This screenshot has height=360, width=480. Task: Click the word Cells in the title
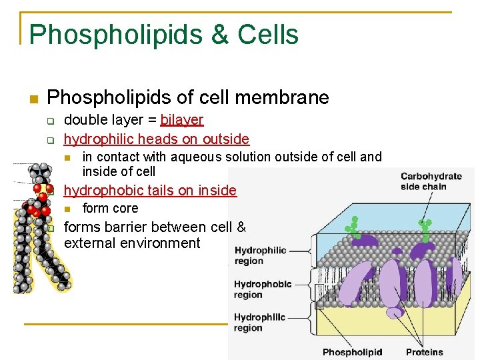(x=266, y=35)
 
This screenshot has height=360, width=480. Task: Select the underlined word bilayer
(x=181, y=120)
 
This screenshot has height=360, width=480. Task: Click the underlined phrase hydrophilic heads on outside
(x=156, y=139)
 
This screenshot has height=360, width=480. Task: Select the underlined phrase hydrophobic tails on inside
(x=150, y=191)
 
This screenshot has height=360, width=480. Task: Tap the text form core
(x=110, y=209)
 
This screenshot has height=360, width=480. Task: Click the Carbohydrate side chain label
(x=431, y=181)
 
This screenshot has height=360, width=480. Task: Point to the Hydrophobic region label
(x=263, y=289)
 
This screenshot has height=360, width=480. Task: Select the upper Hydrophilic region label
(x=260, y=255)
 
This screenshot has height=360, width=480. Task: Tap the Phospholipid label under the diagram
(x=352, y=352)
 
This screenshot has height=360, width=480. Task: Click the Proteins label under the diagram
(x=424, y=352)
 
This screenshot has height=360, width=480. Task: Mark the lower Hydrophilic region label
(x=260, y=323)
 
